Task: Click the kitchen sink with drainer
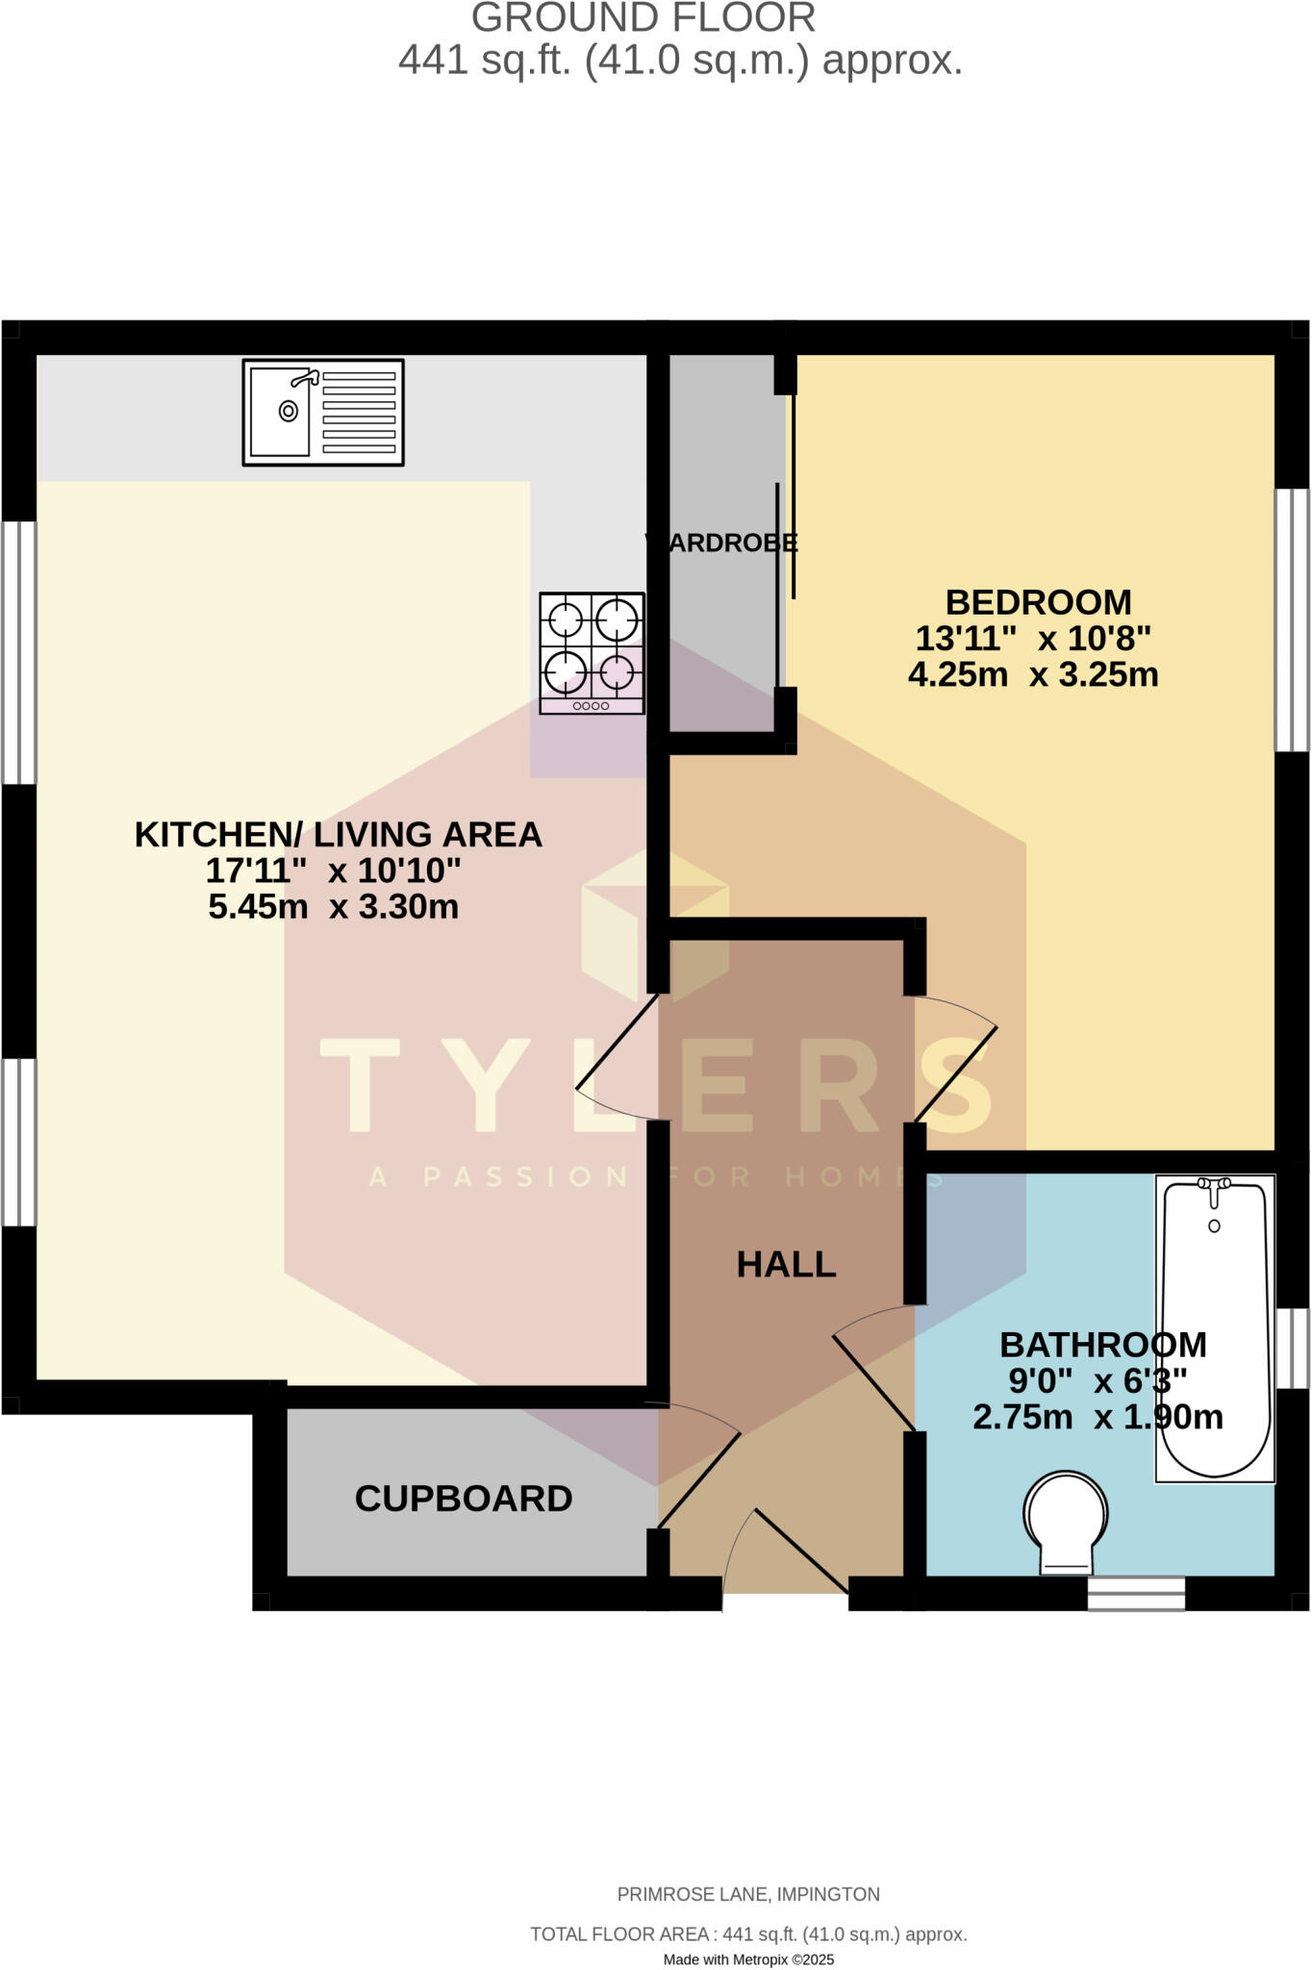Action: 323,412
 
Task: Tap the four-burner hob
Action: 592,652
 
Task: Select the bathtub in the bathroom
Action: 1215,1326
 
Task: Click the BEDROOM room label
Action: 1038,603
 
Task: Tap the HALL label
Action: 786,1265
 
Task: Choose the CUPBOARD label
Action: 464,1499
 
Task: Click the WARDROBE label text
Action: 721,543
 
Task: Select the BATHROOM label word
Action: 1102,1345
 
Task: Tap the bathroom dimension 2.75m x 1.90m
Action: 1098,1417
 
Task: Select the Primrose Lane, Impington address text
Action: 748,1894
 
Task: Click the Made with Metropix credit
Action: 748,1959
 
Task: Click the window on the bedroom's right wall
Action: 1293,620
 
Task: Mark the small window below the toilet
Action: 1136,1594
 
